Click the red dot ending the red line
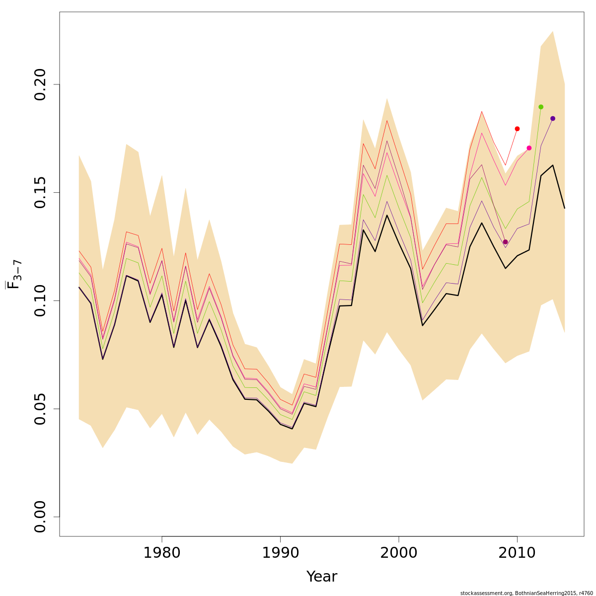[517, 129]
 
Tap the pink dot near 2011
[529, 148]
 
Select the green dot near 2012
[541, 107]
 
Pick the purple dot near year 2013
[553, 118]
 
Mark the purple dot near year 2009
[505, 242]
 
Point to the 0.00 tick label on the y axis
[40, 517]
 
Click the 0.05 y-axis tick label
[40, 409]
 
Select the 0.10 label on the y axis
[40, 300]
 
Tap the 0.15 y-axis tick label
[40, 192]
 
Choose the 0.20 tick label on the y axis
[40, 84]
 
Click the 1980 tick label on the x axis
[162, 553]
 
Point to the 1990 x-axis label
[280, 553]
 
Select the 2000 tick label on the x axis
[399, 553]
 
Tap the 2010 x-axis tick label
[517, 553]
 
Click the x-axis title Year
[322, 577]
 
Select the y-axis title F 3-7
[14, 274]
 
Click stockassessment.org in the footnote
[486, 593]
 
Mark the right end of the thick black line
[565, 208]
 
